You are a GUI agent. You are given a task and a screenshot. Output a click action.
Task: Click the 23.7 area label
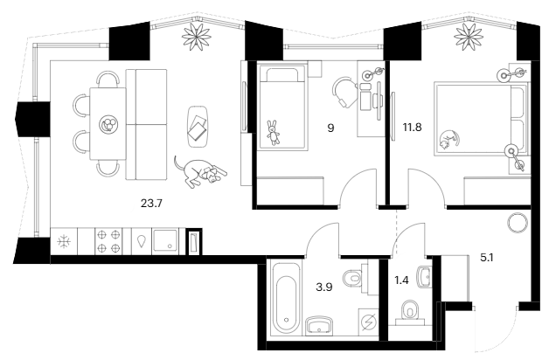pos(151,204)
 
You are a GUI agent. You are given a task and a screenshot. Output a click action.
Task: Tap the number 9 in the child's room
pos(330,128)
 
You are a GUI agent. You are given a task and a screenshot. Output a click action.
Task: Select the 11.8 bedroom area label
pos(412,127)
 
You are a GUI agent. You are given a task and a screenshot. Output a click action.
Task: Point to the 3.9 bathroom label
pos(323,287)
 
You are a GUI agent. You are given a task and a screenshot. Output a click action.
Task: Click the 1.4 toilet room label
pos(401,280)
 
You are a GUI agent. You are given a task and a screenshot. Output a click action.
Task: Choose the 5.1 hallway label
pos(487,258)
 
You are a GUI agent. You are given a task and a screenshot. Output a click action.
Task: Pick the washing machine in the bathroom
pos(369,322)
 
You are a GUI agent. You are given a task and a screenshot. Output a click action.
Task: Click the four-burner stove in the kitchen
pos(108,241)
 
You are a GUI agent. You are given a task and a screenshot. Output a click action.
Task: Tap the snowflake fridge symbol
pos(64,241)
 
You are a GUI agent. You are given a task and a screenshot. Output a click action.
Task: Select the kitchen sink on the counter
pos(165,241)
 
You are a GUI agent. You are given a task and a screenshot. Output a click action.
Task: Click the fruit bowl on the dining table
pos(108,124)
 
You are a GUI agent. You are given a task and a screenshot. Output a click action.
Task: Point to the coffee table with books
pos(198,127)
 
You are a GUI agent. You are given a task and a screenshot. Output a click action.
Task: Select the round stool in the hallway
pos(518,223)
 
